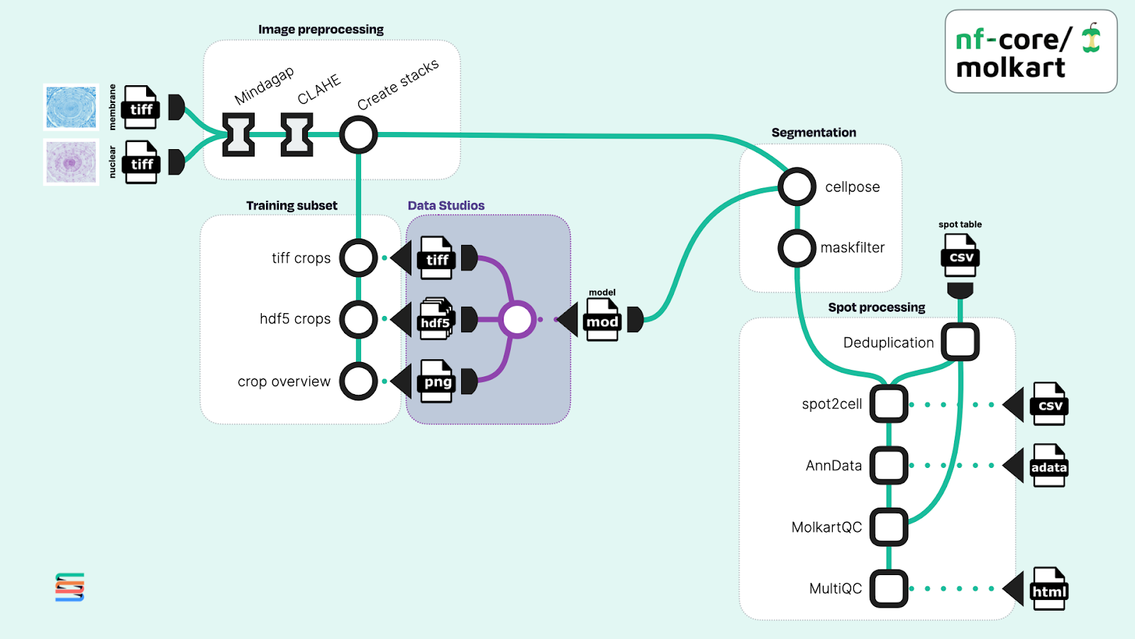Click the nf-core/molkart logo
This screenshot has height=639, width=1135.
click(1030, 51)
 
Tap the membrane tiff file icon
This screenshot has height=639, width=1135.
click(141, 107)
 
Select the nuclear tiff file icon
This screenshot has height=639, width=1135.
click(141, 162)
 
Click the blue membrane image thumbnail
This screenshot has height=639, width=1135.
click(71, 107)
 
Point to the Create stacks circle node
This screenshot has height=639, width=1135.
click(358, 134)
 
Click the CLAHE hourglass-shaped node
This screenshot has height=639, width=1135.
click(297, 134)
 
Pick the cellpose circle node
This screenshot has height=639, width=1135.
click(797, 187)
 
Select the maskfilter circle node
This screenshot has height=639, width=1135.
click(797, 248)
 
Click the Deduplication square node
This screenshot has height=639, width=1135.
click(960, 342)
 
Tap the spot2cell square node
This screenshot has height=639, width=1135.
click(889, 404)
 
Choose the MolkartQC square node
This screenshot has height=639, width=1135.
click(889, 527)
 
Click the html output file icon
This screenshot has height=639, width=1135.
click(1050, 589)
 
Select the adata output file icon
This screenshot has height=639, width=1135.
click(1049, 466)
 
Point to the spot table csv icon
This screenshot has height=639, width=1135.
click(960, 256)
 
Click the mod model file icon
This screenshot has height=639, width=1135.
click(602, 320)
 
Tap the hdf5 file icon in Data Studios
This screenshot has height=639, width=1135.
click(436, 319)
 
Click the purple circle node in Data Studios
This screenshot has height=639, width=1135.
click(517, 319)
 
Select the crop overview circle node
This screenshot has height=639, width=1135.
click(358, 381)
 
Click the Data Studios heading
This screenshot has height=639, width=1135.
click(446, 206)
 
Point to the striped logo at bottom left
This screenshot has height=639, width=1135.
click(70, 587)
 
